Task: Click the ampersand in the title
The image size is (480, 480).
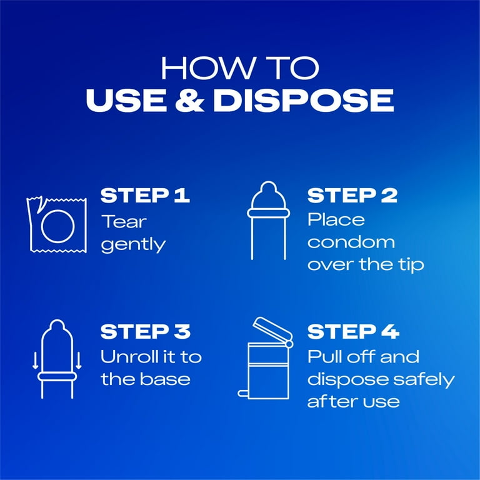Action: [189, 100]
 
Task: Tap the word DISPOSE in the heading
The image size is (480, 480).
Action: [303, 100]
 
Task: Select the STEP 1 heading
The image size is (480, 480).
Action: [145, 195]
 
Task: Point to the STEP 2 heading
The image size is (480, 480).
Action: [352, 195]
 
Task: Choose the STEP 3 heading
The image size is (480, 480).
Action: [146, 331]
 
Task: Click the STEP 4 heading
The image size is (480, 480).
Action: [353, 331]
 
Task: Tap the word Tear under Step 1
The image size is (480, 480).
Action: [124, 221]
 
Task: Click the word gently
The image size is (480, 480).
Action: [134, 245]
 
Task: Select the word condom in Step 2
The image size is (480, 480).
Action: [351, 242]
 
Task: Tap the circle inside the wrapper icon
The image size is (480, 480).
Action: [41, 226]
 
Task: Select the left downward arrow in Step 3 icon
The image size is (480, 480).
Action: [36, 361]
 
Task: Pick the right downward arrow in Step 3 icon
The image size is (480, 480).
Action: [79, 361]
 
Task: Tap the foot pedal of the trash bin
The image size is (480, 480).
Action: [243, 394]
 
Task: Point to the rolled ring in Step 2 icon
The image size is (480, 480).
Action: [269, 213]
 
